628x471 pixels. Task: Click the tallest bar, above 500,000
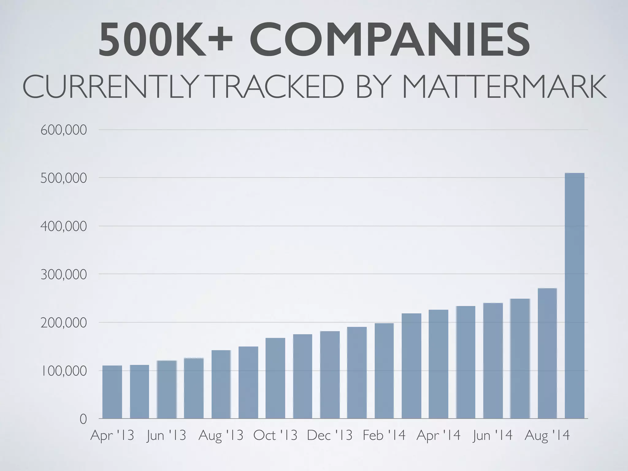coord(574,294)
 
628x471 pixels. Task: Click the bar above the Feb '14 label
coord(384,371)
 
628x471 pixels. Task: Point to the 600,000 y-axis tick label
coord(63,130)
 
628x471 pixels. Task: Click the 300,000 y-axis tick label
coord(63,275)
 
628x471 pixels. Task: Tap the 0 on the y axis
coord(83,419)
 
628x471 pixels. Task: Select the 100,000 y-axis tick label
coord(63,371)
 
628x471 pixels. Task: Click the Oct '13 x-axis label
coord(275,435)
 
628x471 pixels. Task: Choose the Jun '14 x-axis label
coord(492,435)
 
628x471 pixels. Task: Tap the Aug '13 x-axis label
coord(221,435)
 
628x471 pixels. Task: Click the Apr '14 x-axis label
coord(438,435)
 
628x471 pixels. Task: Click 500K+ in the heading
coord(166,40)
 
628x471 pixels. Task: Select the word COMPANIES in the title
coord(389,40)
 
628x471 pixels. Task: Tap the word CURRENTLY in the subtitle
coord(109,86)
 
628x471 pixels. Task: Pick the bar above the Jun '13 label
coord(167,389)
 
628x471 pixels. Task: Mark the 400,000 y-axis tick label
coord(63,227)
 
